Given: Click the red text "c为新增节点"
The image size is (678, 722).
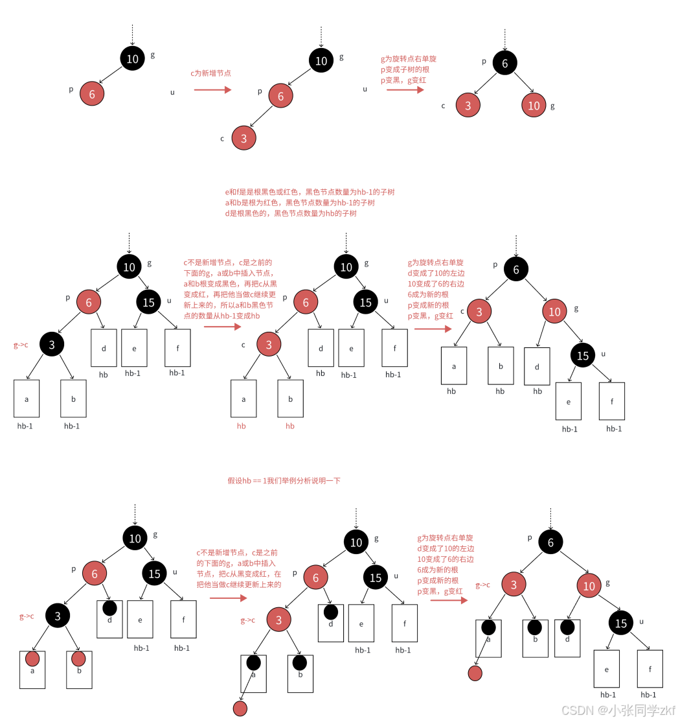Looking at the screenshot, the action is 210,74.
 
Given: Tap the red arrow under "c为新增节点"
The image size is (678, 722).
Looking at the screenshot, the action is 212,90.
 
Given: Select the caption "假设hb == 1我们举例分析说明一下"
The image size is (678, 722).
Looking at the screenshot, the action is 284,481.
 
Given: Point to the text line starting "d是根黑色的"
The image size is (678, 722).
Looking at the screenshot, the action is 291,213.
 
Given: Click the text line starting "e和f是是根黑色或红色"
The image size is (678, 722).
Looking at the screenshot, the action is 310,192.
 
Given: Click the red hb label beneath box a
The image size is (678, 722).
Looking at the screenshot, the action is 241,426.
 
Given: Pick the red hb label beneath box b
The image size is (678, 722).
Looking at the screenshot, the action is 290,426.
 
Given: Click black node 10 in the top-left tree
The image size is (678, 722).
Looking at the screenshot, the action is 132,59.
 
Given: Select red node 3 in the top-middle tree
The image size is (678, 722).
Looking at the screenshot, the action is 243,138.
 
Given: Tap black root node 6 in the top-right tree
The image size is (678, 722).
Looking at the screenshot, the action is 504,63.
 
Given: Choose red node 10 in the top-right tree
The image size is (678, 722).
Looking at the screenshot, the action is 534,106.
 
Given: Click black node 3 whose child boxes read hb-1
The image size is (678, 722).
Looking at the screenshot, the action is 52,345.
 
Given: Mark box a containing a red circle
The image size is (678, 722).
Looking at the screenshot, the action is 32,669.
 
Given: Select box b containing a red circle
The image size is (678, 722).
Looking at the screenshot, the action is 79,669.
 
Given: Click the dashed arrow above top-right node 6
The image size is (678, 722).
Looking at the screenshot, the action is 504,39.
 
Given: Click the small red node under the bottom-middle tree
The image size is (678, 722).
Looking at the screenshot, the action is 240,708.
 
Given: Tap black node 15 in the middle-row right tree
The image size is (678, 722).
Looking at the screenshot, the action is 583,355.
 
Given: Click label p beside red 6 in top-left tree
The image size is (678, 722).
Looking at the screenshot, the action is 71,89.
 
